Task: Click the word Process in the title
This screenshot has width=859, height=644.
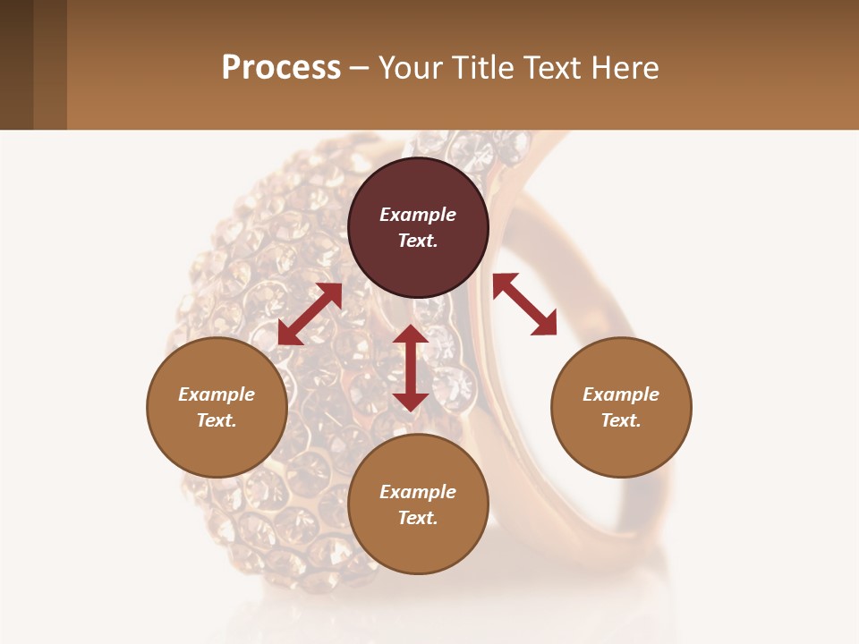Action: (x=281, y=68)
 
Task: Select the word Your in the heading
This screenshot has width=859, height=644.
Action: (x=412, y=68)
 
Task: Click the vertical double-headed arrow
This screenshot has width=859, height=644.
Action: (x=411, y=368)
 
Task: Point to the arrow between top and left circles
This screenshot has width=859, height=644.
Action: (x=310, y=314)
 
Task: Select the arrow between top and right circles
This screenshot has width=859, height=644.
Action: (x=524, y=304)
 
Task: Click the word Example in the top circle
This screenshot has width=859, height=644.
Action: (x=418, y=215)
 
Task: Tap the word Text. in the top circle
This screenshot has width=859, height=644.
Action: (x=418, y=241)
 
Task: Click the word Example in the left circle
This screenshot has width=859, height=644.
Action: (x=217, y=394)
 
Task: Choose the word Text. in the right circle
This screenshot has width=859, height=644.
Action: (x=621, y=420)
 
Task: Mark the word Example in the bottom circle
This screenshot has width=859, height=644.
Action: (x=418, y=492)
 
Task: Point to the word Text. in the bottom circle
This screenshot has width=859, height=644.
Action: (x=418, y=518)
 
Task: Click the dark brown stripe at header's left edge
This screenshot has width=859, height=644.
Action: (x=16, y=64)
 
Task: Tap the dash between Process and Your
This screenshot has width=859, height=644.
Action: (x=359, y=68)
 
